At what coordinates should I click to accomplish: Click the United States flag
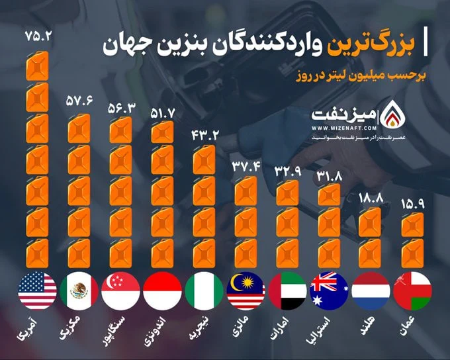[x=37, y=291]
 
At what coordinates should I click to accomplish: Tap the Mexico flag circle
[x=79, y=291]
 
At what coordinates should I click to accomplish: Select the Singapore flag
[x=121, y=291]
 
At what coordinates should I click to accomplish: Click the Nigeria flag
[x=204, y=291]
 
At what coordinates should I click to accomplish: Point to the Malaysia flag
[x=246, y=291]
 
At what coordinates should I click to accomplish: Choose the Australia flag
[x=330, y=291]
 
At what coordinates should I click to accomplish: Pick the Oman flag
[x=413, y=291]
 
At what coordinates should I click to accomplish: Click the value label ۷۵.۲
[x=38, y=36]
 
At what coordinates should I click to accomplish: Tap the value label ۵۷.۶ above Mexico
[x=79, y=101]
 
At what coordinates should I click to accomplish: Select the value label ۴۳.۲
[x=205, y=135]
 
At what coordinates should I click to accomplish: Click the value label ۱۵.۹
[x=413, y=204]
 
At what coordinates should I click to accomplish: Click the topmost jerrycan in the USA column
[x=37, y=66]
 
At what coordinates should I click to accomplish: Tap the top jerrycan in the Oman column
[x=413, y=224]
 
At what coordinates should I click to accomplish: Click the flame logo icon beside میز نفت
[x=392, y=112]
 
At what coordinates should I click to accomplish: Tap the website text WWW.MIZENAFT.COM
[x=344, y=128]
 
